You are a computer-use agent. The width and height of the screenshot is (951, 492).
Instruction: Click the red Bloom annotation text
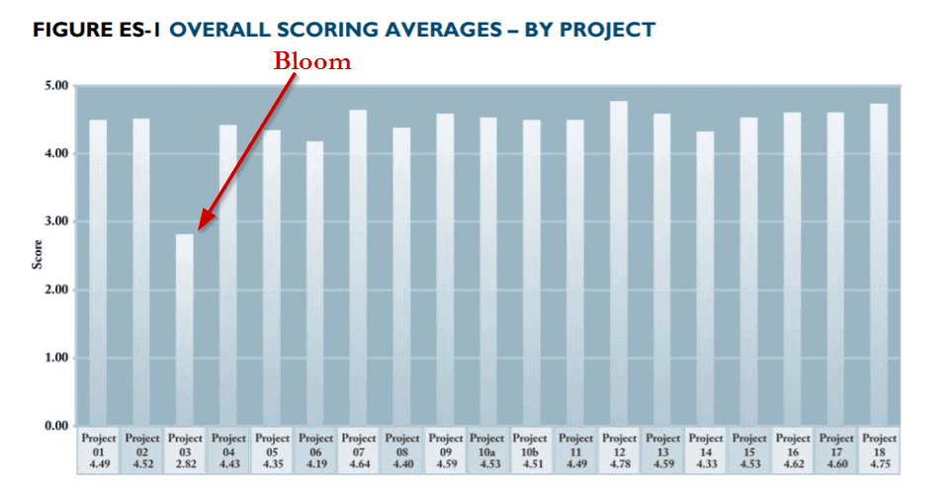tap(312, 61)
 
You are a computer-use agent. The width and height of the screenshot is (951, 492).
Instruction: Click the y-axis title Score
tap(38, 255)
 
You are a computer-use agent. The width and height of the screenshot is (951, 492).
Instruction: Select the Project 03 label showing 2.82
tap(185, 450)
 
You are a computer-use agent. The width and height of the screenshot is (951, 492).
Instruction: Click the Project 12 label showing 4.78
tap(619, 450)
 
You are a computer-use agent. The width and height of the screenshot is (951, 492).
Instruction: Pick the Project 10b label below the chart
tap(532, 450)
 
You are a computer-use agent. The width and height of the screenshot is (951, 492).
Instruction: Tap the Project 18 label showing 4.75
tap(879, 450)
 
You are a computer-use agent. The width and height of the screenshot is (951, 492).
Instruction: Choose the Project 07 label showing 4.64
tap(358, 450)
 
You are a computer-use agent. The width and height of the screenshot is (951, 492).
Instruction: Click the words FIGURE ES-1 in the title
tap(97, 30)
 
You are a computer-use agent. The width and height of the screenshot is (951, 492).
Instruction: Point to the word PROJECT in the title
tap(607, 30)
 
